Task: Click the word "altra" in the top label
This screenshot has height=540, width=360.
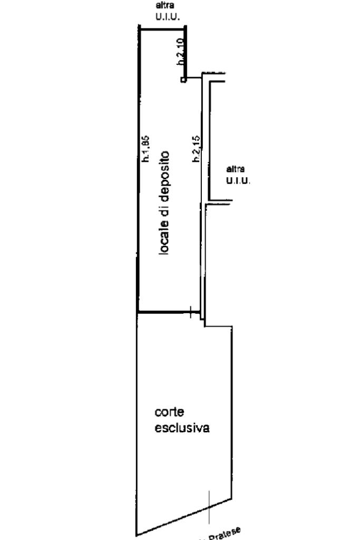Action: tap(163, 6)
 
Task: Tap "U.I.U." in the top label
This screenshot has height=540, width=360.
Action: tap(168, 17)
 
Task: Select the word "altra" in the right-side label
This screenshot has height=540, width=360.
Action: tap(235, 170)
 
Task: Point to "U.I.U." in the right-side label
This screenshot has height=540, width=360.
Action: tap(238, 181)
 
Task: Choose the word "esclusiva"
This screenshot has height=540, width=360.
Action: tap(182, 427)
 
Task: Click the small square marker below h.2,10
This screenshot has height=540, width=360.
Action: tap(183, 80)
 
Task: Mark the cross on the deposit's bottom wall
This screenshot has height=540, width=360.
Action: tap(190, 312)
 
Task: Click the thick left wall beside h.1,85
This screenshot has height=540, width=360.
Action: tap(138, 169)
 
